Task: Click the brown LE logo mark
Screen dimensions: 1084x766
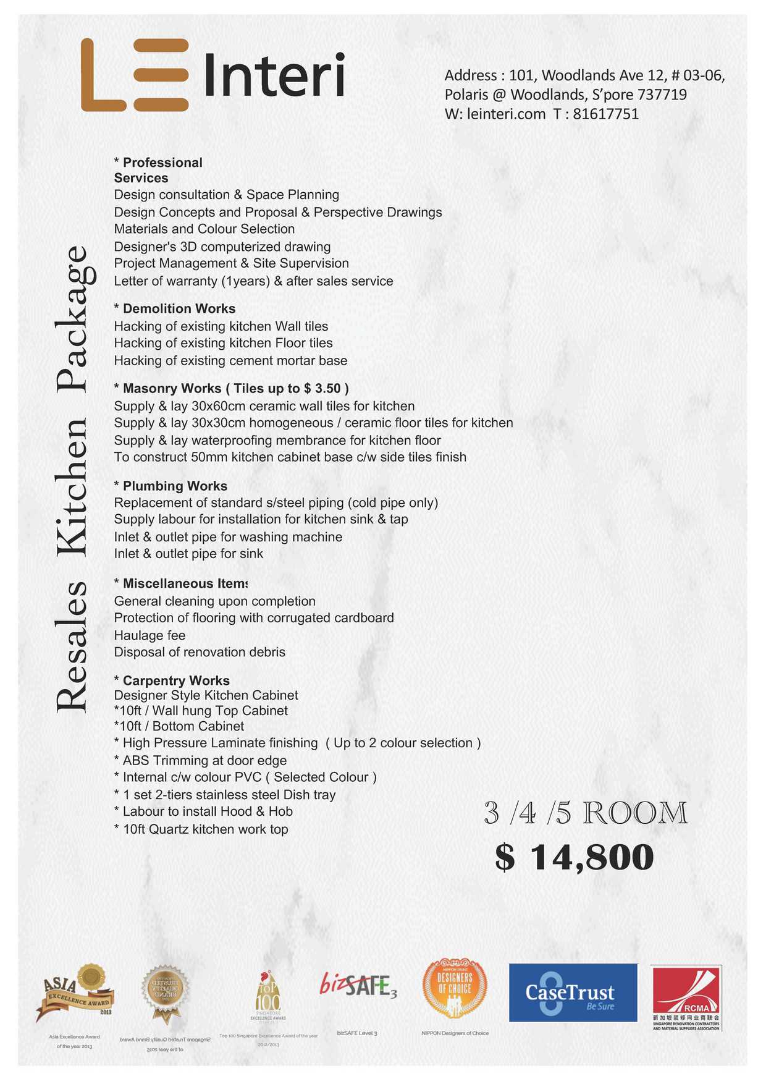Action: [x=135, y=75]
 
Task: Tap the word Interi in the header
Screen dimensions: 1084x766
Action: [x=274, y=75]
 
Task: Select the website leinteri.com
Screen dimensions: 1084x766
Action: [x=506, y=114]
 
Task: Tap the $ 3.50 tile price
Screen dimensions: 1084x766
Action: [x=322, y=389]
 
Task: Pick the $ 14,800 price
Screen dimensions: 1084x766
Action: [x=574, y=857]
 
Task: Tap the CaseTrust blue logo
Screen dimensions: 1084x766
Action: [x=573, y=993]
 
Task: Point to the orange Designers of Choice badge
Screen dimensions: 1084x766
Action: [x=455, y=988]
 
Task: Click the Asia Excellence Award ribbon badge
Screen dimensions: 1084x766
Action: [x=75, y=991]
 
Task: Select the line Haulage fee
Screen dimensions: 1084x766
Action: [x=149, y=635]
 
